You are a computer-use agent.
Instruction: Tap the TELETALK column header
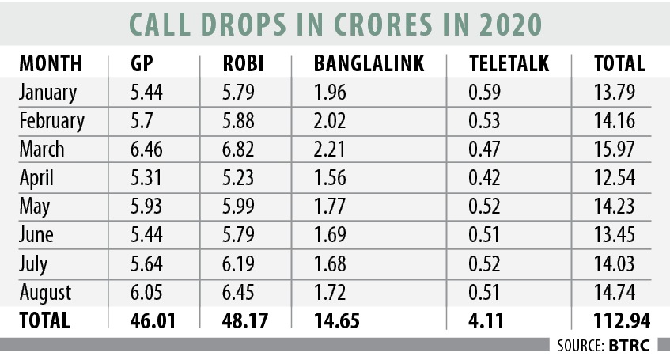click(507, 64)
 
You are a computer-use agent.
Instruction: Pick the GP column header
click(142, 64)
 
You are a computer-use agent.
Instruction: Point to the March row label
click(43, 150)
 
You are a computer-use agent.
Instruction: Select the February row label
click(51, 121)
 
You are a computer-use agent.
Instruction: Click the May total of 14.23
click(613, 207)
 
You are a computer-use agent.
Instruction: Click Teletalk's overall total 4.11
click(484, 320)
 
